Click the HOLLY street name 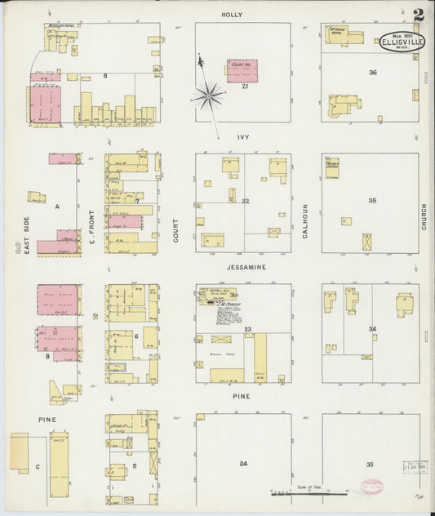click(232, 15)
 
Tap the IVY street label click(242, 138)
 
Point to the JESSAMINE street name click(242, 266)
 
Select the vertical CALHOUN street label click(305, 220)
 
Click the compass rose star click(209, 96)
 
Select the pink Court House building click(242, 70)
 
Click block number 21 click(244, 86)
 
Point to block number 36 click(372, 73)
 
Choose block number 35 click(372, 200)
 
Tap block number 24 click(243, 464)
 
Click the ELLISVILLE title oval click(401, 42)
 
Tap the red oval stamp click(371, 486)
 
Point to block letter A click(57, 207)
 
